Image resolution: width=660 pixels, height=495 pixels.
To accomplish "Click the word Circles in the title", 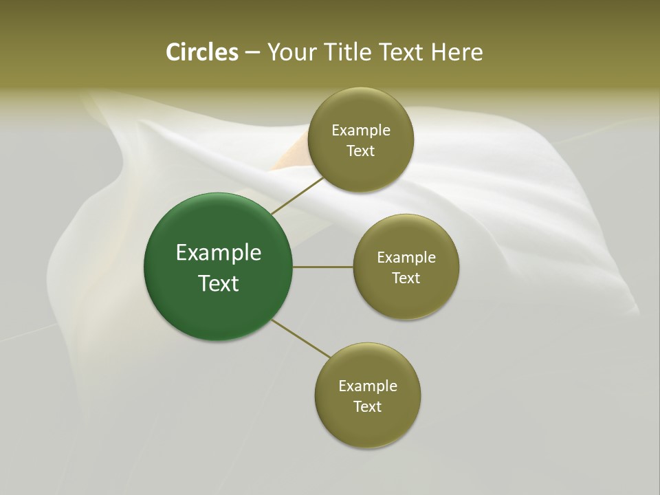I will tap(202, 52).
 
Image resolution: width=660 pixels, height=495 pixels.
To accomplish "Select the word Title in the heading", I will tap(350, 52).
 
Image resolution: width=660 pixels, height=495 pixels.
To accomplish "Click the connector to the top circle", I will tap(298, 195).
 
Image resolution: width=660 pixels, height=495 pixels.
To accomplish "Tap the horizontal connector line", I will tap(323, 267).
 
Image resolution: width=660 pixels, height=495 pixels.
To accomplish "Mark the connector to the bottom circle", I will tap(301, 338).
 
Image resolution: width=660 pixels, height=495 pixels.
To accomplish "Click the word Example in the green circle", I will tap(219, 253).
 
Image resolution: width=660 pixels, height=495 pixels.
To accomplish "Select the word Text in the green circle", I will tap(219, 283).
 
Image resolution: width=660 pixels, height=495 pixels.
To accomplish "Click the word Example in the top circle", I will tap(361, 131).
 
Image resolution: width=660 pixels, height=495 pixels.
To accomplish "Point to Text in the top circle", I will tap(361, 151).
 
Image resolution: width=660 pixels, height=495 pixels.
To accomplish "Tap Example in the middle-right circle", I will tap(406, 258).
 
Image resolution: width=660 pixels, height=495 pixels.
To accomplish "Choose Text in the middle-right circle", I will tap(406, 278).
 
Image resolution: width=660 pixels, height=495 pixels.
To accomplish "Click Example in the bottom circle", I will tap(368, 386).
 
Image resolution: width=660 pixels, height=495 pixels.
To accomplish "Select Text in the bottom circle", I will tap(368, 407).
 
